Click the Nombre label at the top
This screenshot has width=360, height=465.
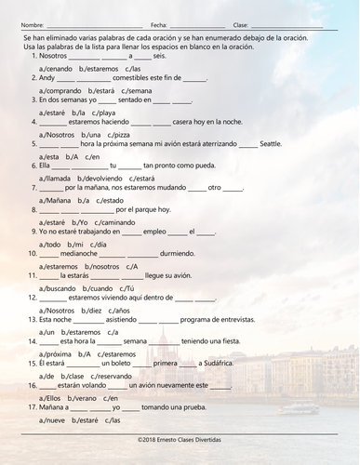pyautogui.click(x=32, y=24)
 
